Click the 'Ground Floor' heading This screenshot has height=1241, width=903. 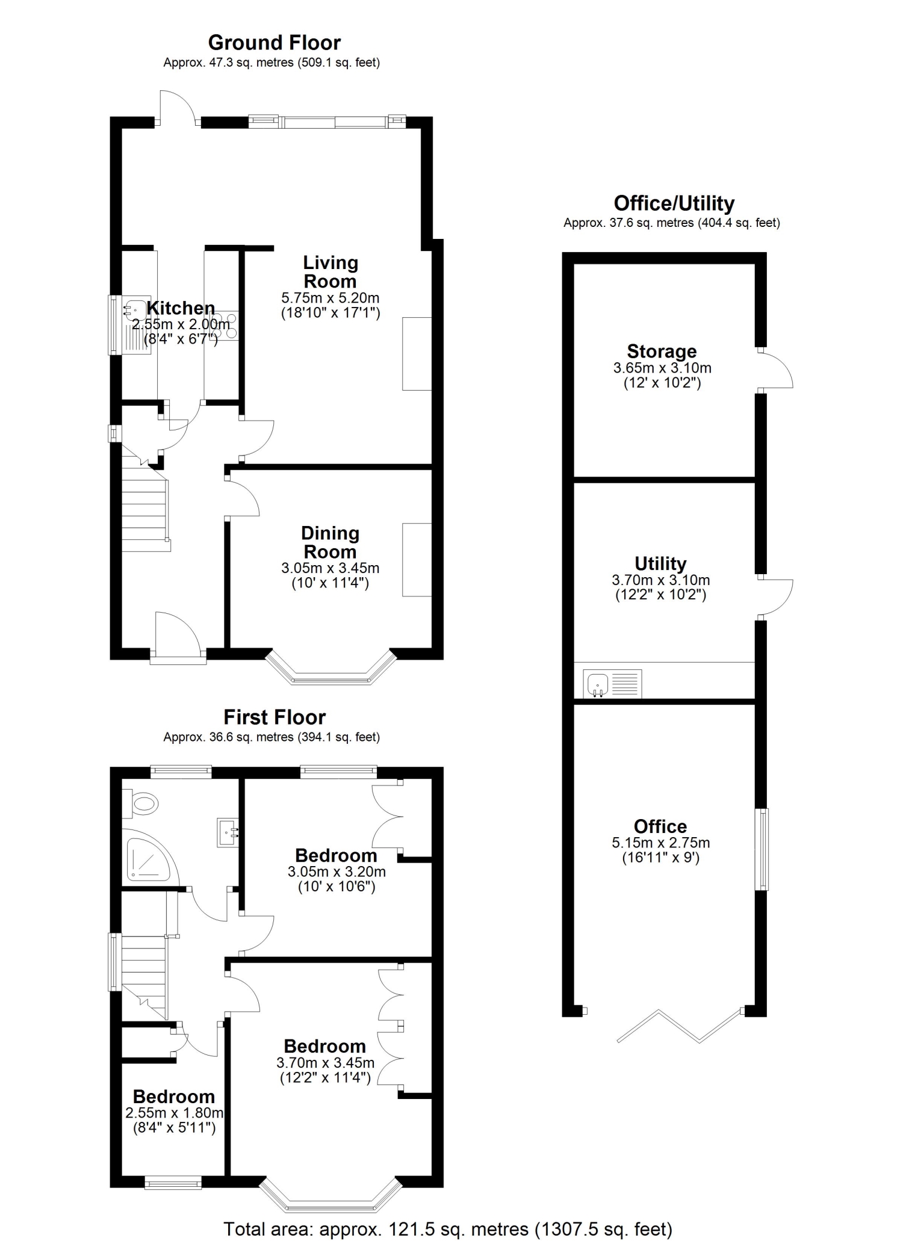coord(275,43)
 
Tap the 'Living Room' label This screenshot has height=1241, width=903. coord(330,272)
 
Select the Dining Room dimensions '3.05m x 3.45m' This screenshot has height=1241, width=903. coord(330,568)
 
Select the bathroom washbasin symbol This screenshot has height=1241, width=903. coord(228,833)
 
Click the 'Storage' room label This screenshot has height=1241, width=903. coord(662,351)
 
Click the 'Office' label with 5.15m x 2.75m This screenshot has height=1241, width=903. coord(660,826)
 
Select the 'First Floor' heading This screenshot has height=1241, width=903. coord(275,717)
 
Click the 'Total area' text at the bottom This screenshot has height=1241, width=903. coord(448,1224)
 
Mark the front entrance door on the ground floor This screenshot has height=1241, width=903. coord(178,638)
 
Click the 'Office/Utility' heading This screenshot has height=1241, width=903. coord(674,203)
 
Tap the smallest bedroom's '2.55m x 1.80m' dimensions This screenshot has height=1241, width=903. coord(175,1113)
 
